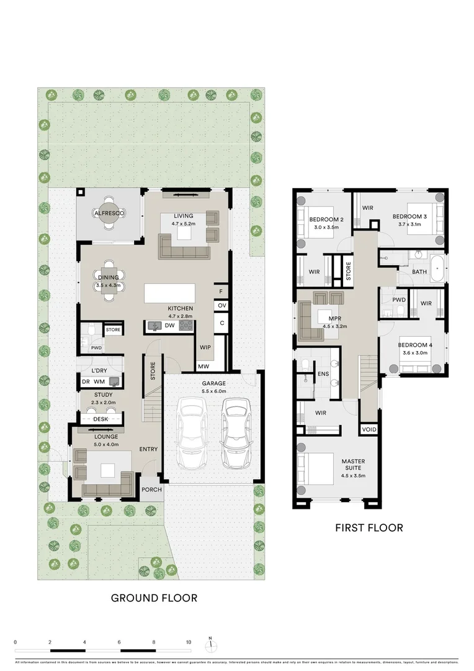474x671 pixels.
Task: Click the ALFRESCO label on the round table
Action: point(109,213)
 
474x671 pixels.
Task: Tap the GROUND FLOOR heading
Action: point(154,598)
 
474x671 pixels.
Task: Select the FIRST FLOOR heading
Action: point(369,528)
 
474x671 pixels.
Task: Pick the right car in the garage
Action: point(236,434)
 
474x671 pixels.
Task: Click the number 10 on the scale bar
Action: point(189,642)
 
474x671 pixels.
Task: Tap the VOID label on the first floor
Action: point(369,429)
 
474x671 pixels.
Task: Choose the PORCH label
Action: point(151,490)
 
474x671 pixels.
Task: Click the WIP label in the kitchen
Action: point(205,347)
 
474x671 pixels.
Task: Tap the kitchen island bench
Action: point(169,293)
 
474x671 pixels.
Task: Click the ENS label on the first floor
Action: point(323,374)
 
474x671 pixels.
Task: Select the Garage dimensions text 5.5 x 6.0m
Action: point(213,391)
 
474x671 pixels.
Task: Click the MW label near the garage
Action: point(203,367)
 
